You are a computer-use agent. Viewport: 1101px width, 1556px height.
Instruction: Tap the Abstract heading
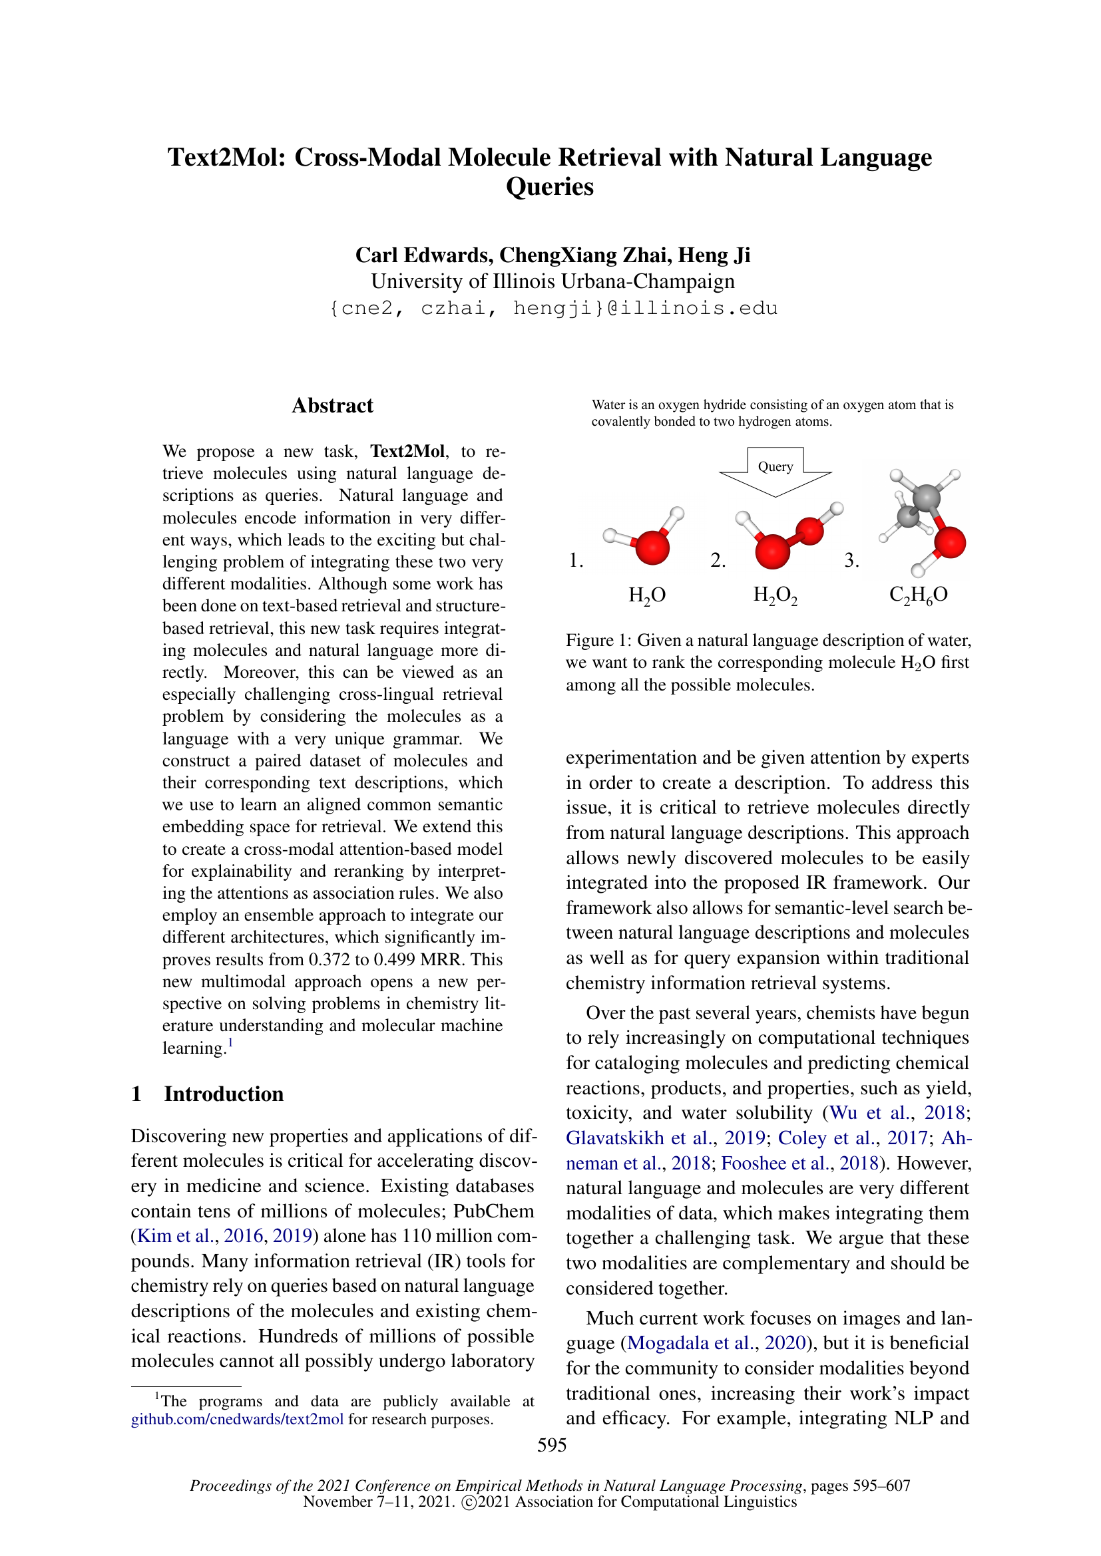(x=332, y=405)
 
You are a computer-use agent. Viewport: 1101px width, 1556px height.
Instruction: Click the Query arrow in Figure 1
(x=775, y=470)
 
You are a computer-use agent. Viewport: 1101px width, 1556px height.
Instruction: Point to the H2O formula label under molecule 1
(x=647, y=595)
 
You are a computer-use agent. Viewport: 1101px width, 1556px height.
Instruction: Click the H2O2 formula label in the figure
(x=775, y=595)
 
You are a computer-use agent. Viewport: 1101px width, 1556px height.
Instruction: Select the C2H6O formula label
(x=918, y=595)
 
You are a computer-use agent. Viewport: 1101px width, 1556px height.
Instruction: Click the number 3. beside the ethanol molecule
(x=851, y=560)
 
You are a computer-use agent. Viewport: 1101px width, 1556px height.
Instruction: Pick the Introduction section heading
(x=223, y=1094)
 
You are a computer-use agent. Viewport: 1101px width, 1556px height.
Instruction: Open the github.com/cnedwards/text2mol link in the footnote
(x=237, y=1419)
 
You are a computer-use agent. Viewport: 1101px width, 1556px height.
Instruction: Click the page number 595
(x=552, y=1445)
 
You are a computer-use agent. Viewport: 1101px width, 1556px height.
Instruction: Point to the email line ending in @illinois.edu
(x=553, y=309)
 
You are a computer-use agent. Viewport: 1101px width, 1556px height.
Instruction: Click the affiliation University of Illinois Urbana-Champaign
(x=552, y=281)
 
